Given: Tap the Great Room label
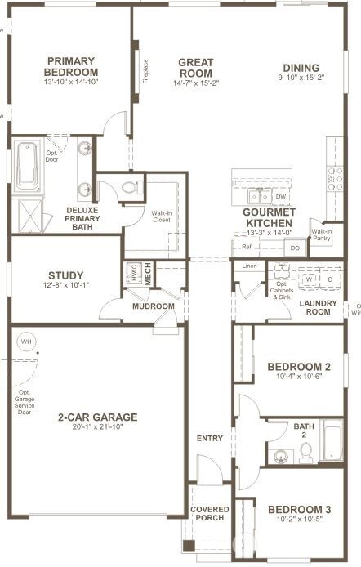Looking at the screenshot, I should (195, 68).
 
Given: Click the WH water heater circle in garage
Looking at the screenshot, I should (26, 341).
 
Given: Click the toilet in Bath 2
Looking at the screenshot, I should (305, 453).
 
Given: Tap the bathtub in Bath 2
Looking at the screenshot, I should (333, 441).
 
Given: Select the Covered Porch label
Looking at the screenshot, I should (210, 515).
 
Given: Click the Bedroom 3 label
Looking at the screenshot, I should (299, 510).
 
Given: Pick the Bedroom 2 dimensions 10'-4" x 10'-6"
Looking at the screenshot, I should (299, 377).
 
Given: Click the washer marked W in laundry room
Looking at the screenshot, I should (309, 279).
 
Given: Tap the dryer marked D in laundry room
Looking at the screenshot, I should (329, 279).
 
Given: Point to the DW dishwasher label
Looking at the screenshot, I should (280, 197).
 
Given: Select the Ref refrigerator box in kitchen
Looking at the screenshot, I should (246, 246).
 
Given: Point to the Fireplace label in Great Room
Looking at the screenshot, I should (146, 72).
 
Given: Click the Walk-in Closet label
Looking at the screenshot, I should (162, 217).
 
